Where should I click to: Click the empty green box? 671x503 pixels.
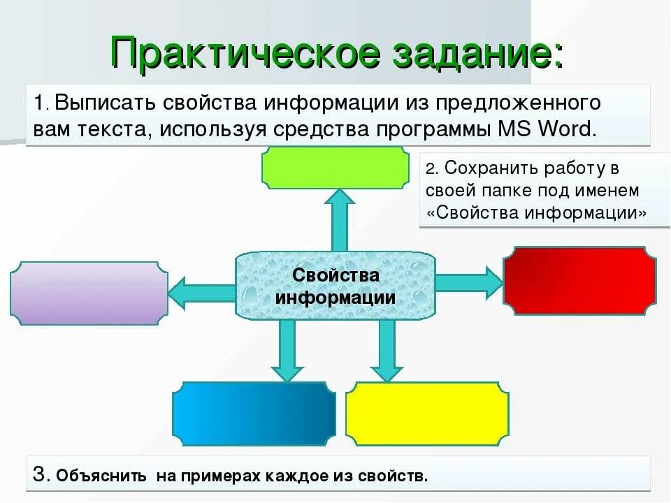pyautogui.click(x=335, y=168)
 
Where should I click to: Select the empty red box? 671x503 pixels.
pyautogui.click(x=579, y=280)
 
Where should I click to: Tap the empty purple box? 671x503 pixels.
pyautogui.click(x=89, y=293)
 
